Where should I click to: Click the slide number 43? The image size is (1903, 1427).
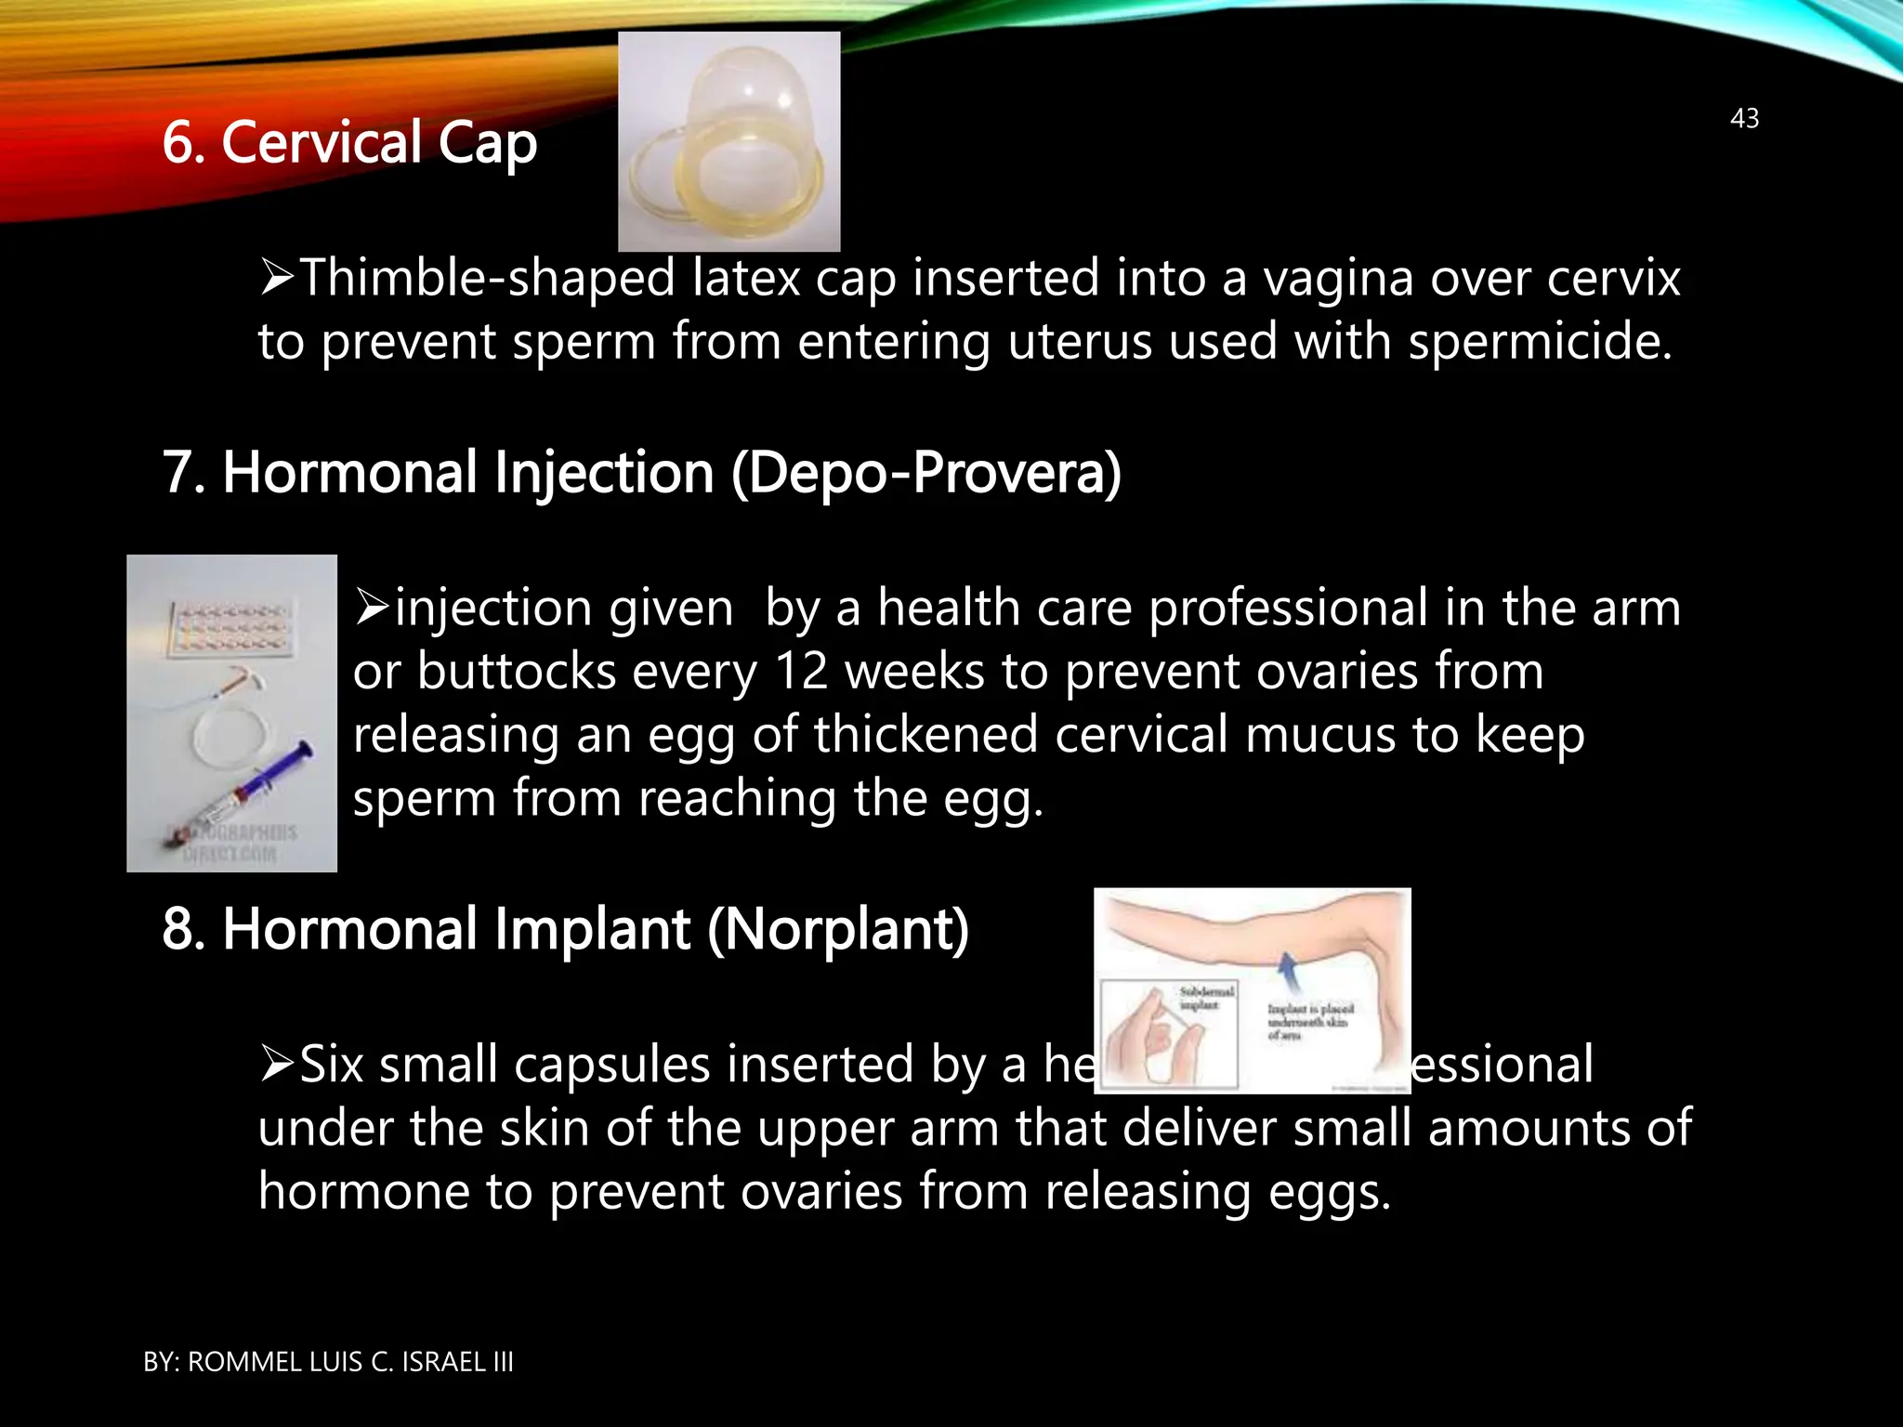pos(1744,119)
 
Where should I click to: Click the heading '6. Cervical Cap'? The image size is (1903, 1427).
pos(349,143)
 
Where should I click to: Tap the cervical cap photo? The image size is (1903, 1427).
pos(728,141)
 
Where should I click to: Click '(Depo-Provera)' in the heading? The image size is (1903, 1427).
pos(926,473)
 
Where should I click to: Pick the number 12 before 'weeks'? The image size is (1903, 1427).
pos(800,672)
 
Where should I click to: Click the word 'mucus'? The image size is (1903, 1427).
pos(1320,735)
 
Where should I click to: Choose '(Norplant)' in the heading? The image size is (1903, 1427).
pos(838,930)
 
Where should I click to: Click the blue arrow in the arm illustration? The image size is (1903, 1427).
pos(1288,973)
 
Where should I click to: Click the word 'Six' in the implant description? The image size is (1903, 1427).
pos(331,1065)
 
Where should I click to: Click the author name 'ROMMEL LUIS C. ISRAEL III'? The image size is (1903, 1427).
pos(350,1362)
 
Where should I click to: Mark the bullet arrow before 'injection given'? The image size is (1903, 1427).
pos(372,608)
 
